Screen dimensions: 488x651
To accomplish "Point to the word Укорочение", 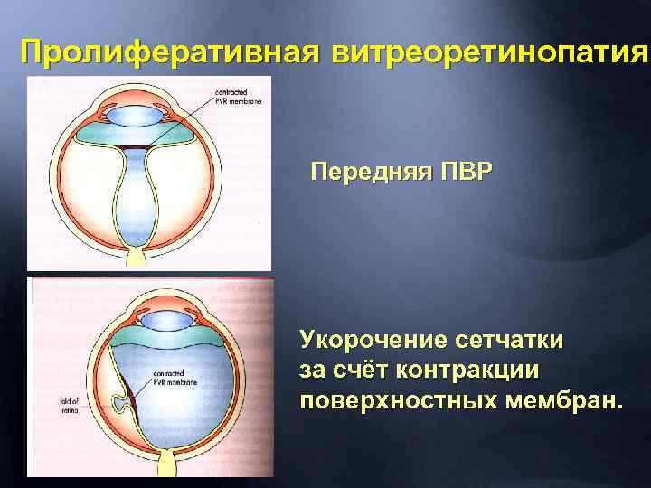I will pos(379,341).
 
